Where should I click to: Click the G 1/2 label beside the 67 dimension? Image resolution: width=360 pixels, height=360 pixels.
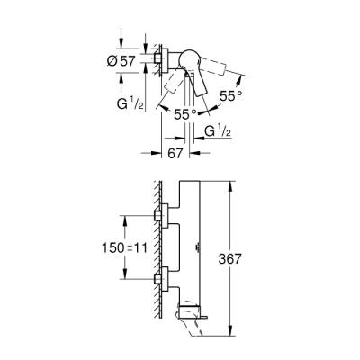coord(216,134)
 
